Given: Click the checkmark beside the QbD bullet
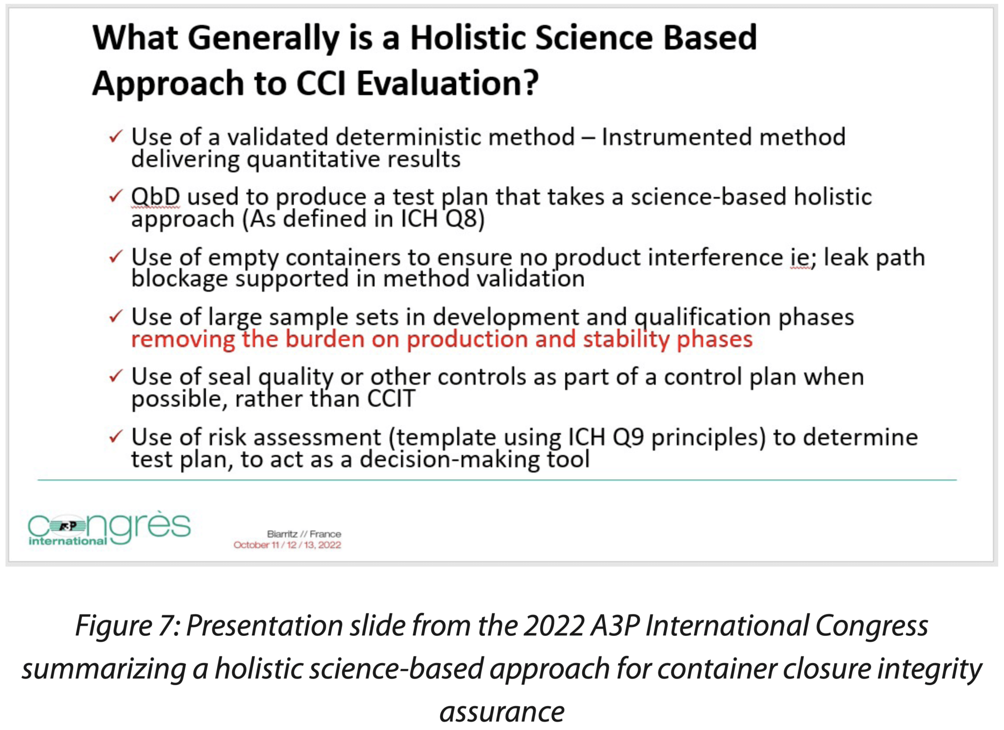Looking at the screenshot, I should (x=115, y=196).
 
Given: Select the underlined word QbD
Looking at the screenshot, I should (x=155, y=197).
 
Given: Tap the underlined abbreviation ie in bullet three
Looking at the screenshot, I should (x=800, y=258).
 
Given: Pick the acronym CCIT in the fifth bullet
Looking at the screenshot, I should (x=391, y=399).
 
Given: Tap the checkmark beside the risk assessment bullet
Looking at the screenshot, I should (x=115, y=436).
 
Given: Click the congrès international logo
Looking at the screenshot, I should (x=109, y=528).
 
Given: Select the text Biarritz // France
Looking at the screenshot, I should (x=303, y=534).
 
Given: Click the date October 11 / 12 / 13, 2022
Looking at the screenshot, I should (x=287, y=545).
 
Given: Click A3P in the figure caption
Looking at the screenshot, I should (x=615, y=626).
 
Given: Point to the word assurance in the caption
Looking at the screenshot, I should (x=502, y=711).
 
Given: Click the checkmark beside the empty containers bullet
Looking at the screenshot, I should (x=115, y=256).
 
